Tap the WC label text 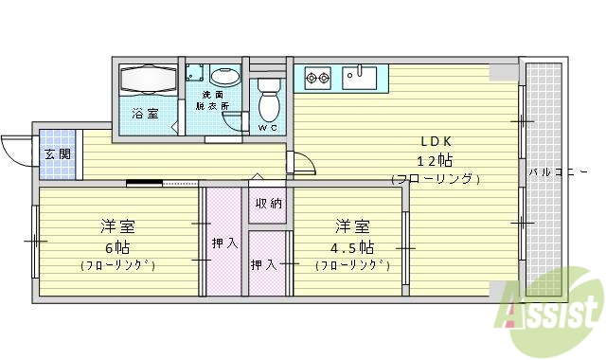point(268,127)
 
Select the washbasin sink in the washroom point(224,78)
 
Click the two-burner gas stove point(317,75)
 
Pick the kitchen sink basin point(359,76)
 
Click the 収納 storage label point(267,204)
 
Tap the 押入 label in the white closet point(264,264)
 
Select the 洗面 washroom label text point(213,95)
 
